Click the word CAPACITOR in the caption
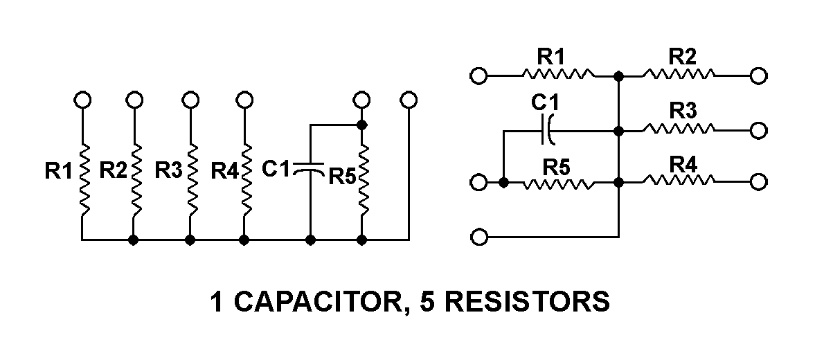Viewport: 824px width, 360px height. (319, 303)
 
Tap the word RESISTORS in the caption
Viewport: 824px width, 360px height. (527, 303)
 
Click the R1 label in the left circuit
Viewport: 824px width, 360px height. (58, 170)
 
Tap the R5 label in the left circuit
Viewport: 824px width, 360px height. (342, 176)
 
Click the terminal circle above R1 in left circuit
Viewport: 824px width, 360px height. (82, 100)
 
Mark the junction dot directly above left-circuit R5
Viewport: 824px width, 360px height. (361, 125)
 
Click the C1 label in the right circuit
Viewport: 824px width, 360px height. (545, 102)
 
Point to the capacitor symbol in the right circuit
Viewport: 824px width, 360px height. (548, 129)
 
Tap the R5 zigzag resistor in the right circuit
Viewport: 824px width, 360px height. (558, 183)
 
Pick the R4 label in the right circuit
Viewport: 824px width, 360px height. (682, 165)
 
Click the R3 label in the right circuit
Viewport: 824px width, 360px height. (682, 111)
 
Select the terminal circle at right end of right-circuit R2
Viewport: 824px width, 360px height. (759, 75)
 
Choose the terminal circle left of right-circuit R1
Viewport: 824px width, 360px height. (478, 75)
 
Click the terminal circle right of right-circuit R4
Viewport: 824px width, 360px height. (759, 183)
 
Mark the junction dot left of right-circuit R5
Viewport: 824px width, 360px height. (503, 183)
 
